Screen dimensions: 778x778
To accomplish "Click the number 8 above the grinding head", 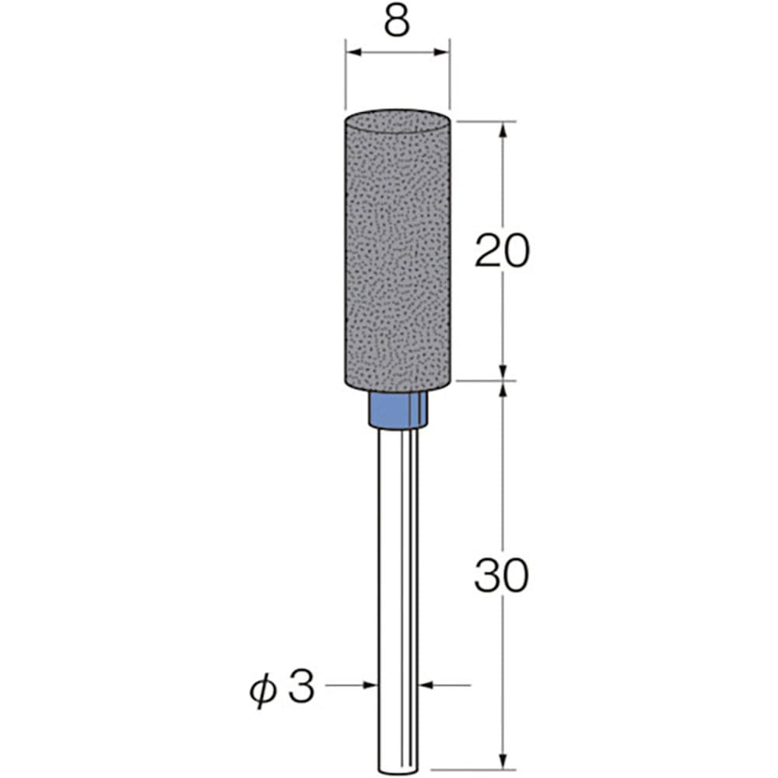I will pos(397,24).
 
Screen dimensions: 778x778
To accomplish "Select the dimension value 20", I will pos(501,251).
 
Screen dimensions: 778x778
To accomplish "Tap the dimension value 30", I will pos(501,576).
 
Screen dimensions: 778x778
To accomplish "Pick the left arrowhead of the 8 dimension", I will pos(352,53).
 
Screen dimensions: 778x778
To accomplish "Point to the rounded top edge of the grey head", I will pos(397,114).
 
